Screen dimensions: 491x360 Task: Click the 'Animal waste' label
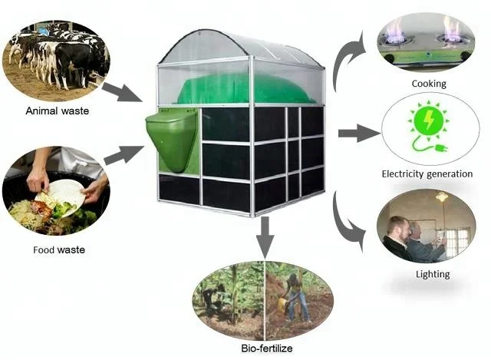pos(58,111)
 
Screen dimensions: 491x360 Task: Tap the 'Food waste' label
pos(59,249)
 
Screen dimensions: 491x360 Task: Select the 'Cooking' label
pos(428,83)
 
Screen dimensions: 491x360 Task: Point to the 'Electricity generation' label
pos(427,174)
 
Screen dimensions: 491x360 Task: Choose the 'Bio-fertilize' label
pos(265,350)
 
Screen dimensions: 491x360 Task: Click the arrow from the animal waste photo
pos(121,91)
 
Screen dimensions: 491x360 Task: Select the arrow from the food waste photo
pos(122,154)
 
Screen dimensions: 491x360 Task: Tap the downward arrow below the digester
pos(265,236)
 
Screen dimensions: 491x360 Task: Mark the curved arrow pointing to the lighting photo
pos(347,223)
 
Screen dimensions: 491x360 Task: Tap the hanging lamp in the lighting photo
pos(443,197)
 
